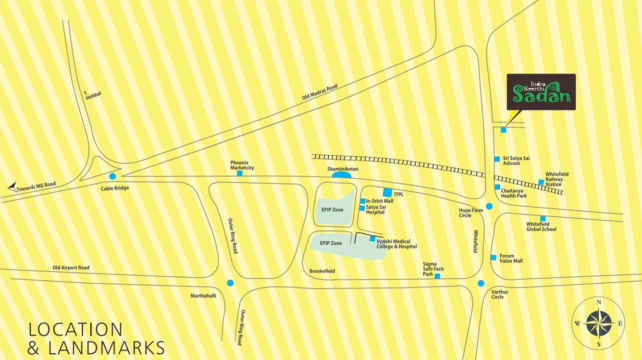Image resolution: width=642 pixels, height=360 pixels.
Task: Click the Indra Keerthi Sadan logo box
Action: pos(541,92)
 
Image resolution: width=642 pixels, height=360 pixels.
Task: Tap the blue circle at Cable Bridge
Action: pos(112,176)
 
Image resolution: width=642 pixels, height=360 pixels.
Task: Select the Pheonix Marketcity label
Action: pos(242,165)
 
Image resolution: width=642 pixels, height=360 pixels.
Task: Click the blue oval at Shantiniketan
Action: pos(341,175)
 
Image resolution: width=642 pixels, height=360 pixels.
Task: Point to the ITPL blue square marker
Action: pos(387,192)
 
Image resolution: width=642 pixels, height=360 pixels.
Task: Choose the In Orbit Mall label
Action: pos(380,201)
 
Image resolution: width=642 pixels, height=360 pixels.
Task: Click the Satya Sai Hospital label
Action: pos(375,210)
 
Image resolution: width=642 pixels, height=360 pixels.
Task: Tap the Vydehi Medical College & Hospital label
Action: pos(396,244)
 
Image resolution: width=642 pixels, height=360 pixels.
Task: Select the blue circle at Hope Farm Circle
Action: pos(489,206)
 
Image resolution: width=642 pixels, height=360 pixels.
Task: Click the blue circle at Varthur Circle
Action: pos(481,283)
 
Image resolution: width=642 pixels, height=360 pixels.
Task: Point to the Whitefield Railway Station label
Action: pos(556,179)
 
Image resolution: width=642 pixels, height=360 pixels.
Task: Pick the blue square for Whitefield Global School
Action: pos(543,219)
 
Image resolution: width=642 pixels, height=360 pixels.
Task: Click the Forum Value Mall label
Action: pos(511,259)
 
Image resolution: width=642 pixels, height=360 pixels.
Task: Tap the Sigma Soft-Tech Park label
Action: pos(433,269)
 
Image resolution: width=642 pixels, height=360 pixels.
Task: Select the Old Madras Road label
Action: pos(320,92)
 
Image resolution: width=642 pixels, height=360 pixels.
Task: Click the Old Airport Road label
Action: pos(71,268)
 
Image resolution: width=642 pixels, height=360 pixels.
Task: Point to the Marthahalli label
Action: pos(203,296)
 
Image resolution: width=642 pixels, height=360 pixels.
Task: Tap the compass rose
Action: pos(599,323)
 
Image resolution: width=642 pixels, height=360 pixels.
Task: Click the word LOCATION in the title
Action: pos(75,330)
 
